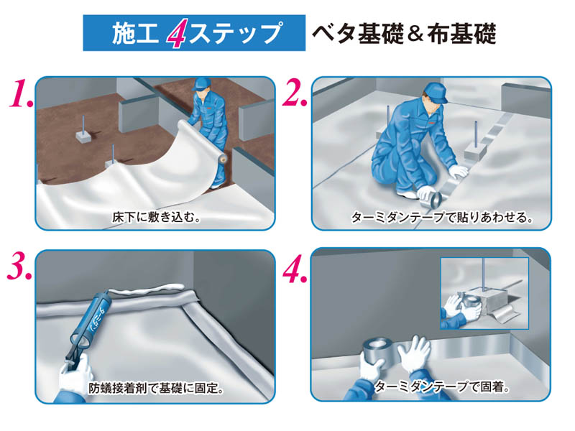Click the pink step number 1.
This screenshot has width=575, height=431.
pos(19,93)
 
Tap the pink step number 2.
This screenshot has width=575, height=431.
pos(295,93)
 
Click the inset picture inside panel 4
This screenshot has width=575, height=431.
pos(484,291)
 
